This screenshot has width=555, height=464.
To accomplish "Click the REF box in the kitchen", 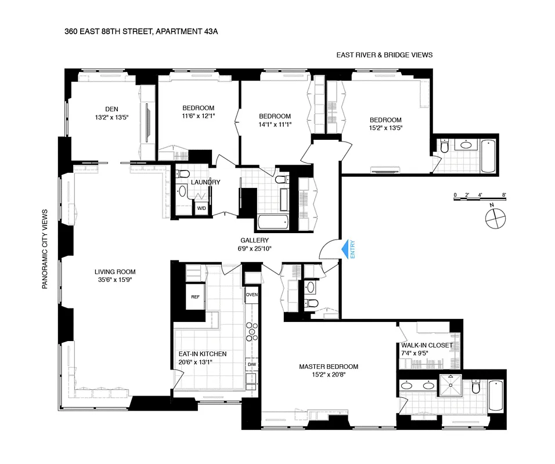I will click(196, 296).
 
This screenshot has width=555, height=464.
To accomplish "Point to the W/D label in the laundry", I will click(201, 208).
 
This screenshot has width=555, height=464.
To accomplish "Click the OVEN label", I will click(251, 295).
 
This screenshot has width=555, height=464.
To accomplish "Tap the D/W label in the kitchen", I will click(251, 365).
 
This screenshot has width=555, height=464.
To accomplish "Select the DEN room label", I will click(112, 108).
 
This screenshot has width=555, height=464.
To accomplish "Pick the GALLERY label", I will click(254, 240).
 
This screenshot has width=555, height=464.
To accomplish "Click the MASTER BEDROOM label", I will click(329, 367).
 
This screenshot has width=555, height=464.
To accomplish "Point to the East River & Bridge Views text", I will click(384, 55).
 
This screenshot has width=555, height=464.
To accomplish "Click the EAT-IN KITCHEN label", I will click(202, 354).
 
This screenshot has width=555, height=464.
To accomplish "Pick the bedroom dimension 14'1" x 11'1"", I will click(275, 124).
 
